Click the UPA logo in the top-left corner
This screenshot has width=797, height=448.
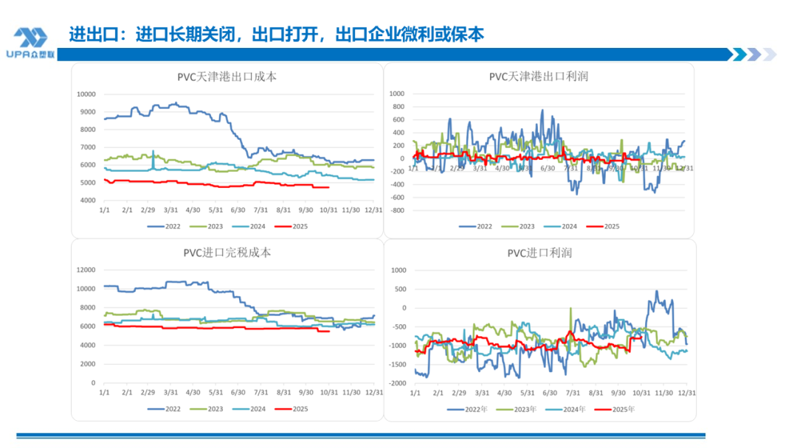tap(30, 42)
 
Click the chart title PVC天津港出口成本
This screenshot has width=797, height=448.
tap(227, 77)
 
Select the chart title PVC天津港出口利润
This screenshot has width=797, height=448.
tap(539, 77)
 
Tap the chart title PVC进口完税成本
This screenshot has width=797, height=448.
tap(227, 253)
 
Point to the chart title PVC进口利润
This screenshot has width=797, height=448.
tap(539, 253)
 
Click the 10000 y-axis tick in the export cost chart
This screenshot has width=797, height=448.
tap(86, 94)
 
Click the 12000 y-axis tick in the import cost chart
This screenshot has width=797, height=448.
tap(86, 270)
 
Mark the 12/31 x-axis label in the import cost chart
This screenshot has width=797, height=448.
tap(374, 393)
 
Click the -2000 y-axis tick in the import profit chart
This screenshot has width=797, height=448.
tap(398, 383)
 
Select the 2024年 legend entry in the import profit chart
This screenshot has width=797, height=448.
tap(566, 409)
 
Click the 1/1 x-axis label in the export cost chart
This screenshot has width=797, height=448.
tap(105, 210)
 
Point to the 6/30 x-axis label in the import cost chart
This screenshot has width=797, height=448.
tap(238, 393)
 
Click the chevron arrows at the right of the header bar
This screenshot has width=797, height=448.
tap(751, 55)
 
